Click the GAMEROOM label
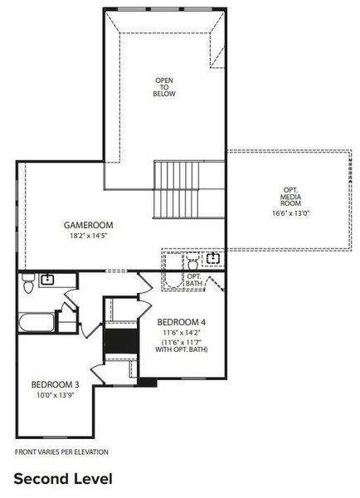pyautogui.click(x=89, y=225)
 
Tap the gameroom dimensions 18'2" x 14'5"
pyautogui.click(x=89, y=236)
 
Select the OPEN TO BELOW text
pyautogui.click(x=164, y=87)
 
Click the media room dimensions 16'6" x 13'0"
pyautogui.click(x=290, y=213)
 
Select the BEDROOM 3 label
pyautogui.click(x=56, y=384)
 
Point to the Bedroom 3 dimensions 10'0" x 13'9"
pyautogui.click(x=56, y=395)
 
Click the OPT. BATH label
pyautogui.click(x=194, y=280)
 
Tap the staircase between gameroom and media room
pyautogui.click(x=178, y=188)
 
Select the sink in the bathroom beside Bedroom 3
pyautogui.click(x=48, y=280)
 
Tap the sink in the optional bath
pyautogui.click(x=214, y=258)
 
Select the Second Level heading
pyautogui.click(x=62, y=479)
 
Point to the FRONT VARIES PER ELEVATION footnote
pyautogui.click(x=62, y=452)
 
